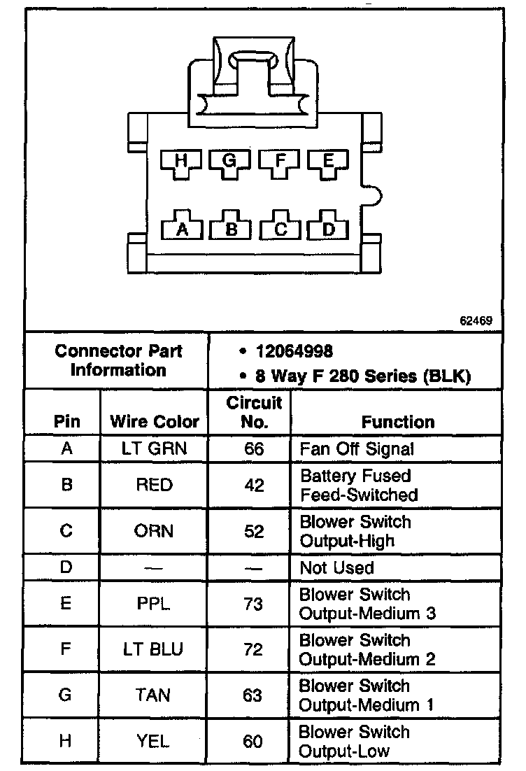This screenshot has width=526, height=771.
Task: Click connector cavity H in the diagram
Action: coord(182,162)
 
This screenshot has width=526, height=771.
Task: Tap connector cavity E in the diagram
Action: coord(328,162)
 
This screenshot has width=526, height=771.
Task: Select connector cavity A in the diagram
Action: coord(182,227)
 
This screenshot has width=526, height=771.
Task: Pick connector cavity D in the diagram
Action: coord(328,227)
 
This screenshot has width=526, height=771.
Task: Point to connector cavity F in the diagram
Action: coord(280,162)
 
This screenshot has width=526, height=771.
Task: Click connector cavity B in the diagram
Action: coord(232,227)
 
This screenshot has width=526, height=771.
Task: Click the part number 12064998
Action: coord(294,351)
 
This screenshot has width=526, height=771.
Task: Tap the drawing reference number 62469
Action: coord(476,321)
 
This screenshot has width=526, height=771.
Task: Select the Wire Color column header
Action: coord(155,422)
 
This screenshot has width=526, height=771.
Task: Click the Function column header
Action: coord(397,422)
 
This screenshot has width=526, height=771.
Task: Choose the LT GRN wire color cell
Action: coord(155,448)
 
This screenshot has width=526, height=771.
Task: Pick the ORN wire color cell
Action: coord(155,531)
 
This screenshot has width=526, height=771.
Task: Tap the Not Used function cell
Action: coord(336,567)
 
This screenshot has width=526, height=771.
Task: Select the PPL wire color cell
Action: coord(155,603)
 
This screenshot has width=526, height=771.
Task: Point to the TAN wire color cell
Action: coord(155,695)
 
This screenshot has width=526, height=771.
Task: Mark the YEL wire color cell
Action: coord(155,741)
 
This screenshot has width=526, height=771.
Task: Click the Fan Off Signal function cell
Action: coord(357,448)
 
